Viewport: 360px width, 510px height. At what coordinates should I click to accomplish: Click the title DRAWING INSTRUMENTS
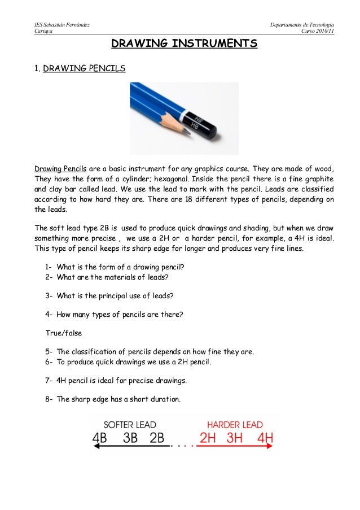point(184,43)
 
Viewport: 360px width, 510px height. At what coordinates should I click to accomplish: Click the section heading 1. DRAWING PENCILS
point(80,69)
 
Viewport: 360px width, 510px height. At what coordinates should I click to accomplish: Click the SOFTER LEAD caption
point(130,424)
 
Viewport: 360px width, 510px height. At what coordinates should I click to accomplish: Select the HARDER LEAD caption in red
point(235,424)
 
